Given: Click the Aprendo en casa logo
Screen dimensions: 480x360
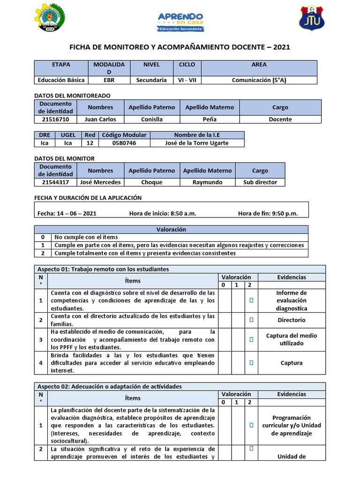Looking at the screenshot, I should point(180,22).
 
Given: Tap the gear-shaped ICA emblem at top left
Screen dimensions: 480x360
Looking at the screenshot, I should point(50,19).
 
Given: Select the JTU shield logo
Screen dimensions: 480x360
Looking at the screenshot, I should point(311,19).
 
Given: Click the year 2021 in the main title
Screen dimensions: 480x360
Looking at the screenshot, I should point(281,47).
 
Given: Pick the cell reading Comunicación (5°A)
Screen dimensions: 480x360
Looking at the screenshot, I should point(259,80).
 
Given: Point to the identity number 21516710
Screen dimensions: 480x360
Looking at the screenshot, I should point(55,120).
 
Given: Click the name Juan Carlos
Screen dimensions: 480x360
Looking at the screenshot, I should point(100,120).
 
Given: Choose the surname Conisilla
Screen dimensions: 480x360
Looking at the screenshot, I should point(152,120).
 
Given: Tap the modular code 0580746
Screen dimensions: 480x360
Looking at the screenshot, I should point(124,143).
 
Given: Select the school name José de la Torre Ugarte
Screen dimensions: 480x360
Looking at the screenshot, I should point(197,143).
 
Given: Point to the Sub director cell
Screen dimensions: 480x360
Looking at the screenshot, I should point(260,182).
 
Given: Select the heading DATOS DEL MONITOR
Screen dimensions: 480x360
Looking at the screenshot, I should point(65,158).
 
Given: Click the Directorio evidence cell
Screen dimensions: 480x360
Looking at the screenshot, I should point(292,320).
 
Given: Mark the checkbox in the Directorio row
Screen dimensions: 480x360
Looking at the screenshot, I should point(251,320).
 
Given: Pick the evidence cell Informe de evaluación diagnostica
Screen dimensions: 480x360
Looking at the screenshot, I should point(292,300).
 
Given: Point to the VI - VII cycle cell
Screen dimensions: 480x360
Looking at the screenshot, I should point(187,80).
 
